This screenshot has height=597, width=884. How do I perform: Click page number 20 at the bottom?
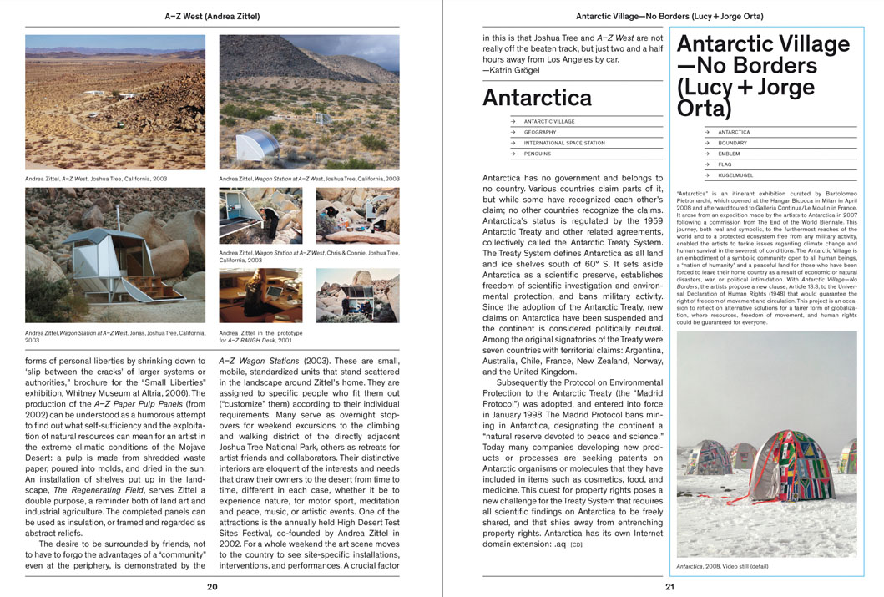(212, 587)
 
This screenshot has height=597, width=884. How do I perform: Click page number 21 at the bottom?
(669, 587)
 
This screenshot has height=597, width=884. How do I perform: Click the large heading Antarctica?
(538, 98)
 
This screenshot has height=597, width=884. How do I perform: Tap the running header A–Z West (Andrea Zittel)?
(212, 16)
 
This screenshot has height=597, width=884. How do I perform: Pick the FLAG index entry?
(725, 164)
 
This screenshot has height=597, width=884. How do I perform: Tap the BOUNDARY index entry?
(732, 143)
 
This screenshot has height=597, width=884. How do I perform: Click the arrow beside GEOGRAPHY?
(513, 132)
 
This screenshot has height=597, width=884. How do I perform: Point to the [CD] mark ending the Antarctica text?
(576, 545)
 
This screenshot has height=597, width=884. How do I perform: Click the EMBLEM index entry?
(729, 154)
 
